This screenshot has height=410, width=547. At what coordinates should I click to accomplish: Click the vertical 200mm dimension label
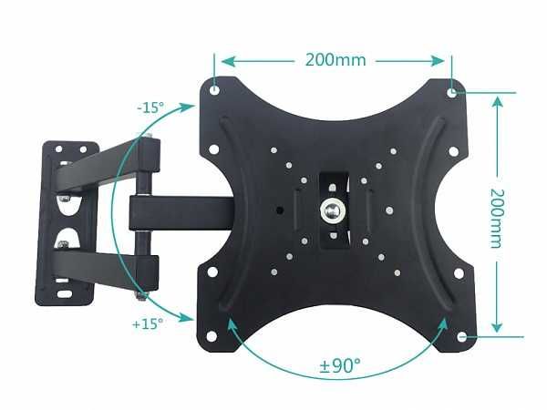click(498, 218)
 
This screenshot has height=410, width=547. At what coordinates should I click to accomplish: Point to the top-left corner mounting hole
click(214, 91)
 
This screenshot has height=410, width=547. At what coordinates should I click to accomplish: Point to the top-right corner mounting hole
click(453, 91)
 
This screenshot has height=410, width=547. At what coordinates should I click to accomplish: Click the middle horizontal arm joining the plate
click(182, 211)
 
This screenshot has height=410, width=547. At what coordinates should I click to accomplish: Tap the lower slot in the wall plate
click(66, 239)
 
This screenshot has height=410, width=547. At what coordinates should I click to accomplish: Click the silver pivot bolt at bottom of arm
click(139, 293)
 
